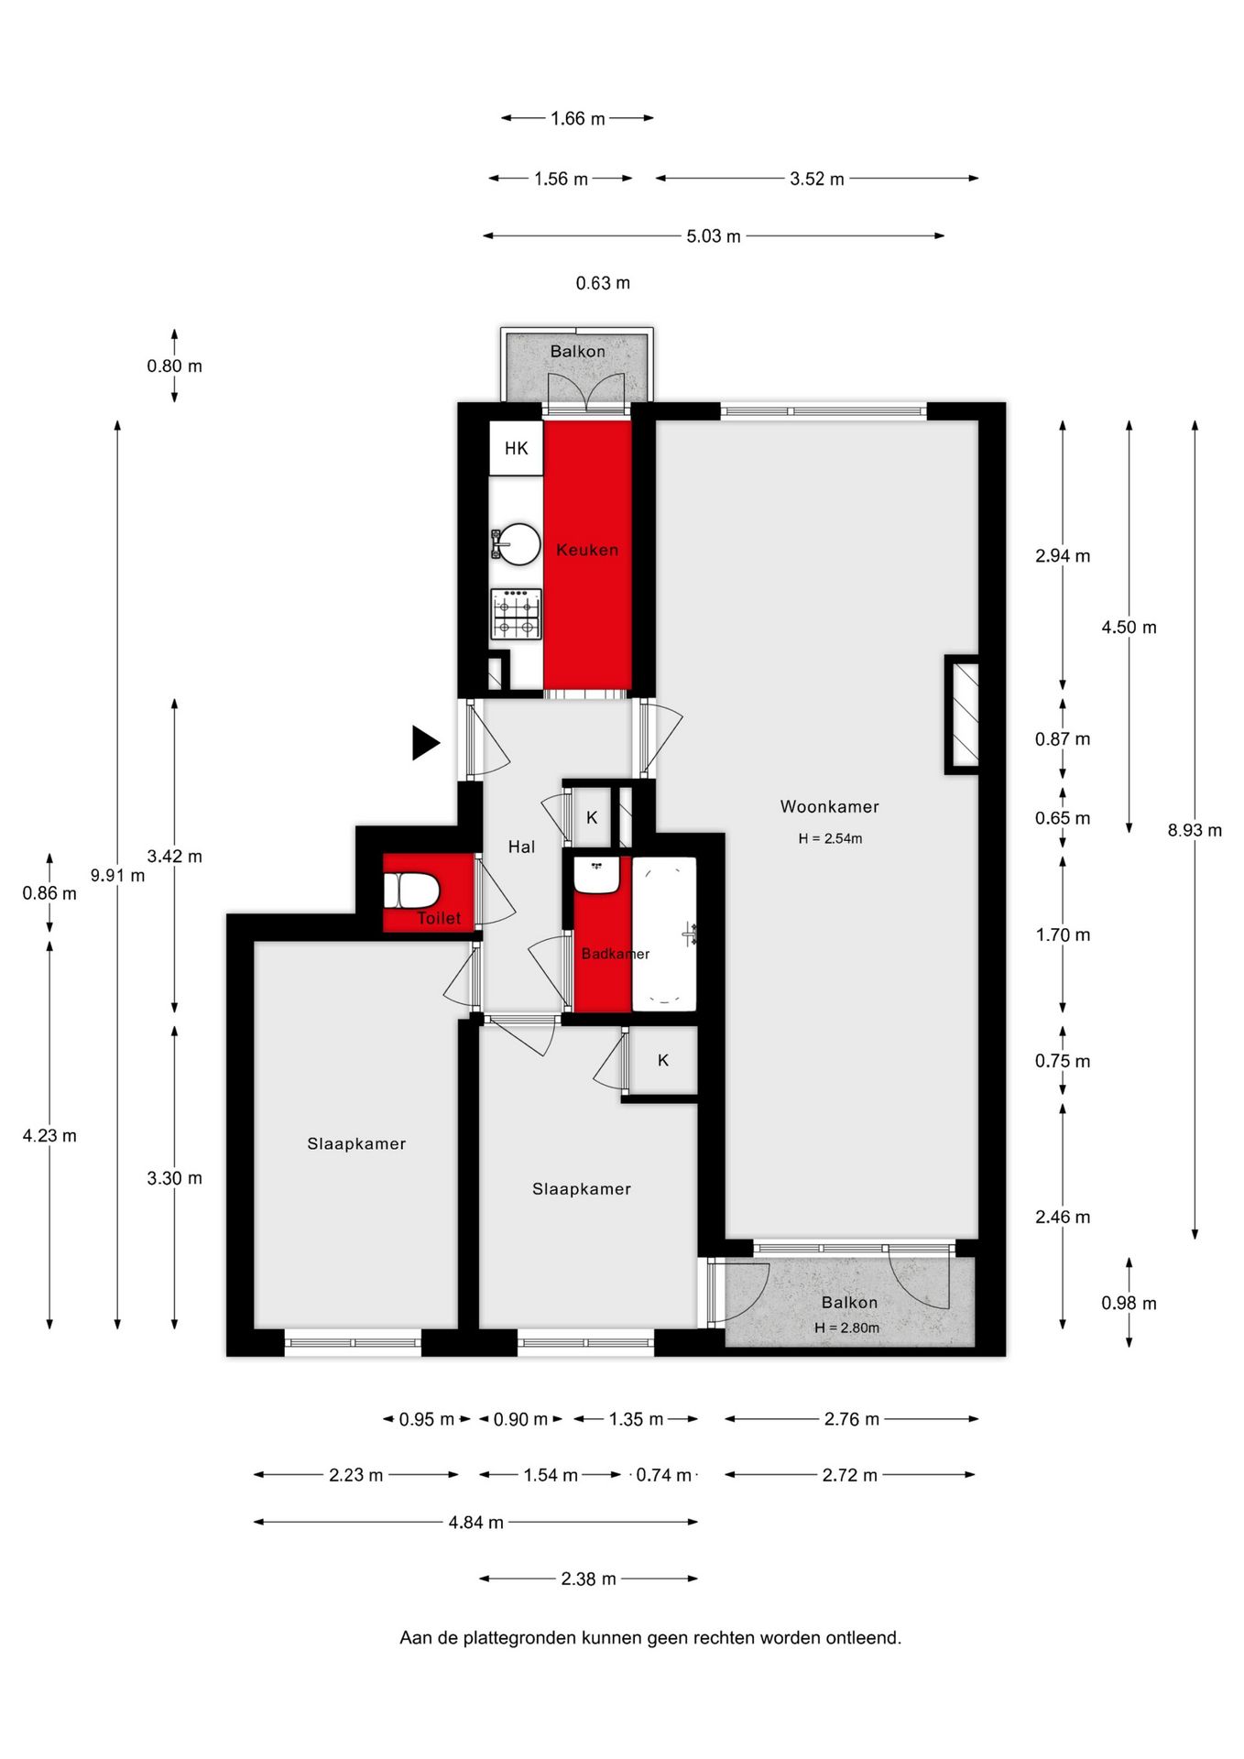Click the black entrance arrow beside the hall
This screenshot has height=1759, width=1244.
point(425,742)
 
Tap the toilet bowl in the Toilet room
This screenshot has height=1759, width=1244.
point(411,890)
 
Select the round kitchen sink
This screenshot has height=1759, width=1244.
point(517,544)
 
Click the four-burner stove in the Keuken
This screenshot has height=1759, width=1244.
point(516,614)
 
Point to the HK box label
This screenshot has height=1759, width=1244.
point(517,448)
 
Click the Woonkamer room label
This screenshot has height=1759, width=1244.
point(829,807)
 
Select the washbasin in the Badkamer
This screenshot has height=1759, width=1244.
point(597,876)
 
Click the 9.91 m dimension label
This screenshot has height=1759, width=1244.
point(117,875)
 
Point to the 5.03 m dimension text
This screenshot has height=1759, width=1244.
point(714,236)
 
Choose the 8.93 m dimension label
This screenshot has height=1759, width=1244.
point(1195,831)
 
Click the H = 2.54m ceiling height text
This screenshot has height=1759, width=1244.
point(830,838)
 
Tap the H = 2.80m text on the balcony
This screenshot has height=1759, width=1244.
point(846,1327)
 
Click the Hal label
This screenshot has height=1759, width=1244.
point(521,847)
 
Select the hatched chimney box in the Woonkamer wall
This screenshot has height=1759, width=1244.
point(962,715)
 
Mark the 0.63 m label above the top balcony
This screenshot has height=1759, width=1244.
point(603,283)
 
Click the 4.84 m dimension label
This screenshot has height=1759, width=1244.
point(475,1523)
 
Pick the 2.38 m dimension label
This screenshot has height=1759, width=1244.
point(588,1579)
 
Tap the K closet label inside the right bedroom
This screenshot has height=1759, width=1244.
point(663,1061)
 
